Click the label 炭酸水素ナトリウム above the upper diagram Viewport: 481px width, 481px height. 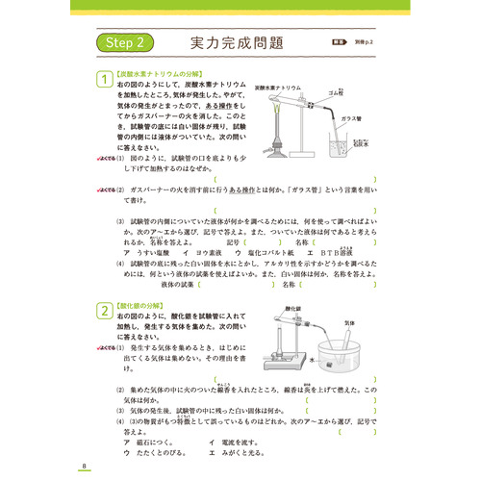(x=283, y=86)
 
